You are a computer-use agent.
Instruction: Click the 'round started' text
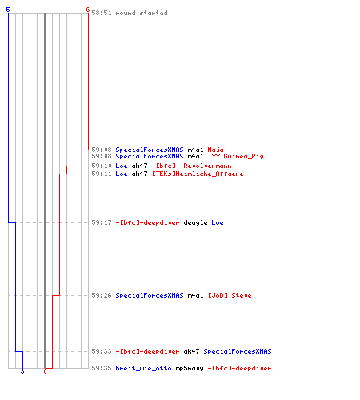(142, 13)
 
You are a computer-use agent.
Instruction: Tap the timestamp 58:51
(102, 13)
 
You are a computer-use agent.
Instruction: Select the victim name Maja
(215, 150)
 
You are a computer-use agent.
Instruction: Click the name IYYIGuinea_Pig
(236, 156)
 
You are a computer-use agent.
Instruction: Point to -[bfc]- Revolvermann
(191, 166)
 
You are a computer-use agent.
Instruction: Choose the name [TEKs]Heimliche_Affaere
(198, 174)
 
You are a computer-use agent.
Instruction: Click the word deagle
(195, 223)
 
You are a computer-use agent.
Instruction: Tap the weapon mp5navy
(190, 369)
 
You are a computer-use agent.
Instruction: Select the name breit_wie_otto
(143, 368)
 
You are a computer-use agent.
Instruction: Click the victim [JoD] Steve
(230, 295)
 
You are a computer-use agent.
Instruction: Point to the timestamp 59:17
(102, 222)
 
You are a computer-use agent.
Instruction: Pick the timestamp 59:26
(102, 295)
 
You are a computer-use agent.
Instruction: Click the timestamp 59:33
(102, 351)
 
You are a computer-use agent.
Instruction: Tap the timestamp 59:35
(102, 368)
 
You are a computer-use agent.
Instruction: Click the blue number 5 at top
(8, 10)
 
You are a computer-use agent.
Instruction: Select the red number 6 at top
(88, 10)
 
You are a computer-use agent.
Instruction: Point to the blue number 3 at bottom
(22, 371)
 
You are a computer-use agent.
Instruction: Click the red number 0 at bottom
(45, 371)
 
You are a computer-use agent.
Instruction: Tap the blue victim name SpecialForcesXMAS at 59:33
(238, 351)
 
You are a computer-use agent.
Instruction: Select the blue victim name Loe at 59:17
(218, 222)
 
